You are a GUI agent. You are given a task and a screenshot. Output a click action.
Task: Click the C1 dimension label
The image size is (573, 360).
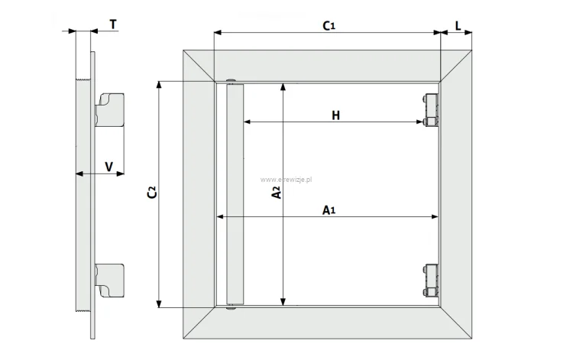329,25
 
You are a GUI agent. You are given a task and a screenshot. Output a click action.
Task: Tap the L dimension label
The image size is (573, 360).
458,25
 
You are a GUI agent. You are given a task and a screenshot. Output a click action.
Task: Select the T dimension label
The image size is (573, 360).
113,24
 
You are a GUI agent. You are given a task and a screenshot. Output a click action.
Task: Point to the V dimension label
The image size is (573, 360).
109,167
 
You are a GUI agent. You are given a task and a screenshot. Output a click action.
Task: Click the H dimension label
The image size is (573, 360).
336,115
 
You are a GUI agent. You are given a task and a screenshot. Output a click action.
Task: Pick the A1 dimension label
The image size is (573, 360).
329,210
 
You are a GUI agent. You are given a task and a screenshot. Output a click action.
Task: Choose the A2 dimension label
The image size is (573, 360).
277,193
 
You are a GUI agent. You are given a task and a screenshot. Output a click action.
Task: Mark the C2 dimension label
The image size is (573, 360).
152,193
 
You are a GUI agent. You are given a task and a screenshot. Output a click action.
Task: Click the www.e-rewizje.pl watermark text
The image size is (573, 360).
286,180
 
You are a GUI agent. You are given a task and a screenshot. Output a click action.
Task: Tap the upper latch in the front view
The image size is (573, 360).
430,110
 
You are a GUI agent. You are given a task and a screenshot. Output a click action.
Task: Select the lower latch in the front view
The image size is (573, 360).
430,281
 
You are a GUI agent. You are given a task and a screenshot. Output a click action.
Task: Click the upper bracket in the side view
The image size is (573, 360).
109,110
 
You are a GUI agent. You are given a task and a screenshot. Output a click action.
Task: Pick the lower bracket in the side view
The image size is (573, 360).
109,281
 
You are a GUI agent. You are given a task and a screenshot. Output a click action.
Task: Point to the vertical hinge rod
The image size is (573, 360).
235,194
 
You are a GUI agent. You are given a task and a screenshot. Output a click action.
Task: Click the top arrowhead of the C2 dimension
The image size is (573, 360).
159,85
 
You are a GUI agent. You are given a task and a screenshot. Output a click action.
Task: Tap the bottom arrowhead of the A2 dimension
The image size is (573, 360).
283,301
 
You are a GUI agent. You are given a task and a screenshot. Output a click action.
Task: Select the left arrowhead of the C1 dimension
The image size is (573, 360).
218,33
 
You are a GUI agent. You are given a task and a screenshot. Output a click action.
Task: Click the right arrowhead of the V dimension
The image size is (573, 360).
120,174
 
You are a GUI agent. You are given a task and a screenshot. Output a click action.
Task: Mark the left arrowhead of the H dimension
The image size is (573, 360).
248,122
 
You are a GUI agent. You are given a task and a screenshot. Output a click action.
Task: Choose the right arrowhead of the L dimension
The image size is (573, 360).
468,33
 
